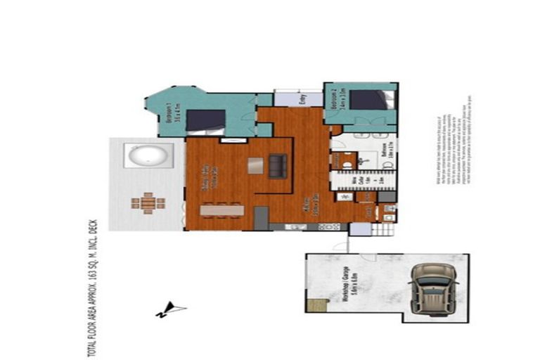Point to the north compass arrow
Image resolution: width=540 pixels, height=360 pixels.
click(172, 308)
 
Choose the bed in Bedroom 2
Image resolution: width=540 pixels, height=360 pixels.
click(368, 99)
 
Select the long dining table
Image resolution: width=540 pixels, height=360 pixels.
click(222, 210)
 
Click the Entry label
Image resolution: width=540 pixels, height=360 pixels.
click(302, 100)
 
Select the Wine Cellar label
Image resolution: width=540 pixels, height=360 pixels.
click(356, 186)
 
